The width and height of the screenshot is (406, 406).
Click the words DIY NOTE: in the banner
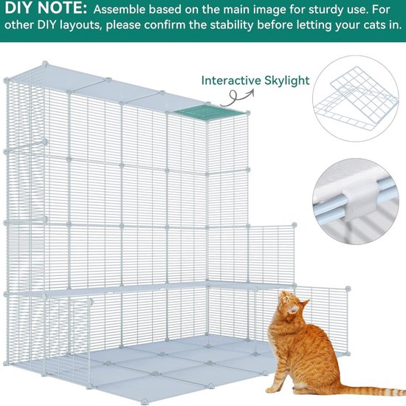pyautogui.click(x=46, y=8)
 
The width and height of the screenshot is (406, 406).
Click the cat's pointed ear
pyautogui.click(x=305, y=303)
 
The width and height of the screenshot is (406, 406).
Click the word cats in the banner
pyautogui.click(x=362, y=26)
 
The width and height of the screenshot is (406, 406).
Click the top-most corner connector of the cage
pyautogui.click(x=45, y=63)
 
